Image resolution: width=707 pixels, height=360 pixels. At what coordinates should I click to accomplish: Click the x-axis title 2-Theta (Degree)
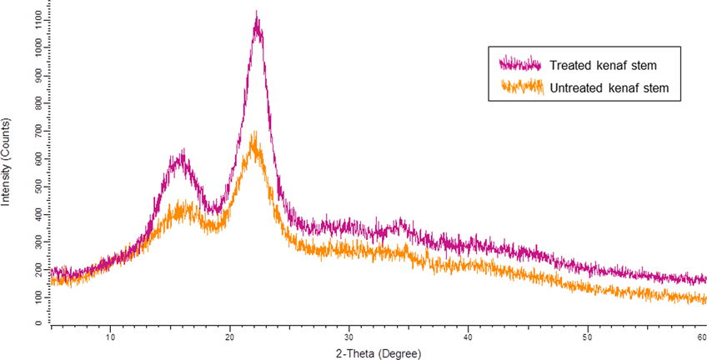(x=380, y=352)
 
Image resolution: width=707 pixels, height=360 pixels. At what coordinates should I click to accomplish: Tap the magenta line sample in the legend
(x=519, y=65)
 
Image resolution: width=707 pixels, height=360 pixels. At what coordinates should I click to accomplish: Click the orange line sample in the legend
(x=519, y=87)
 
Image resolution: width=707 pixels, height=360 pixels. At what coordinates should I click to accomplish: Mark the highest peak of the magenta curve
(x=257, y=13)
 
